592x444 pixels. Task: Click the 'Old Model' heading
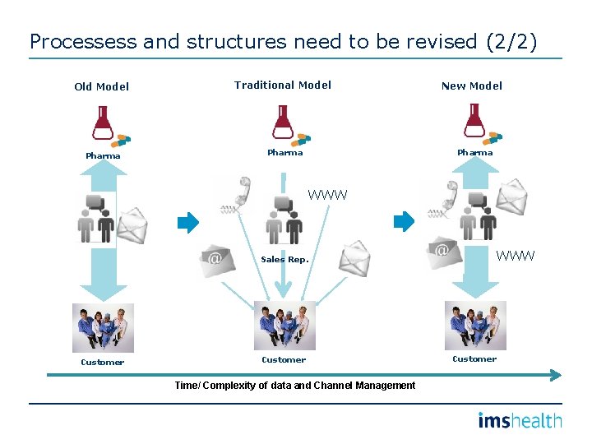coord(101,86)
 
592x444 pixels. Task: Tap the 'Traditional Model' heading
coord(282,85)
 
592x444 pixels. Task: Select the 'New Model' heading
coord(471,86)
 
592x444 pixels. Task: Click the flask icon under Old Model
coord(103,123)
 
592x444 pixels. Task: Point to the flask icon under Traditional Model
coord(284,122)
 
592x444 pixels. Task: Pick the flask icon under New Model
coord(474,121)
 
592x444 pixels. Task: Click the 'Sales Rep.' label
coord(284,259)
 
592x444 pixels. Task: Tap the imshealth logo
coord(520,421)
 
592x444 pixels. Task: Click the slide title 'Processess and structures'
coord(283,41)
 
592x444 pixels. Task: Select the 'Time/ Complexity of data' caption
coord(294,386)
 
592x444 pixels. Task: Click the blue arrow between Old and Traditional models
coord(188,221)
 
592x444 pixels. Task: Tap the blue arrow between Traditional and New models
coord(404,221)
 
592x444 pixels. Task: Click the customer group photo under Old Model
coord(103,328)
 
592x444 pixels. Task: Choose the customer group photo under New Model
coord(475,326)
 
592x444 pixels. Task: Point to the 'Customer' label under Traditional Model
coord(284,359)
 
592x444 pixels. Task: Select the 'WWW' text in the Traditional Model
coord(327,195)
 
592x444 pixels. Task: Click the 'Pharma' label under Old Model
coord(103,155)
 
